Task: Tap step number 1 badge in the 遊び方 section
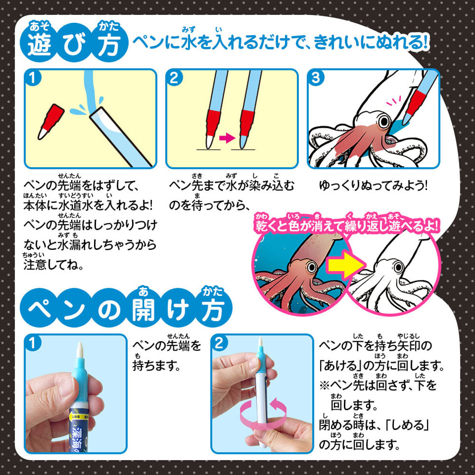(32, 78)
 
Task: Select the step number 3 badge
(315, 78)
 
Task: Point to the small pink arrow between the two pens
(227, 139)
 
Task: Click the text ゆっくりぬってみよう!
(373, 185)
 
